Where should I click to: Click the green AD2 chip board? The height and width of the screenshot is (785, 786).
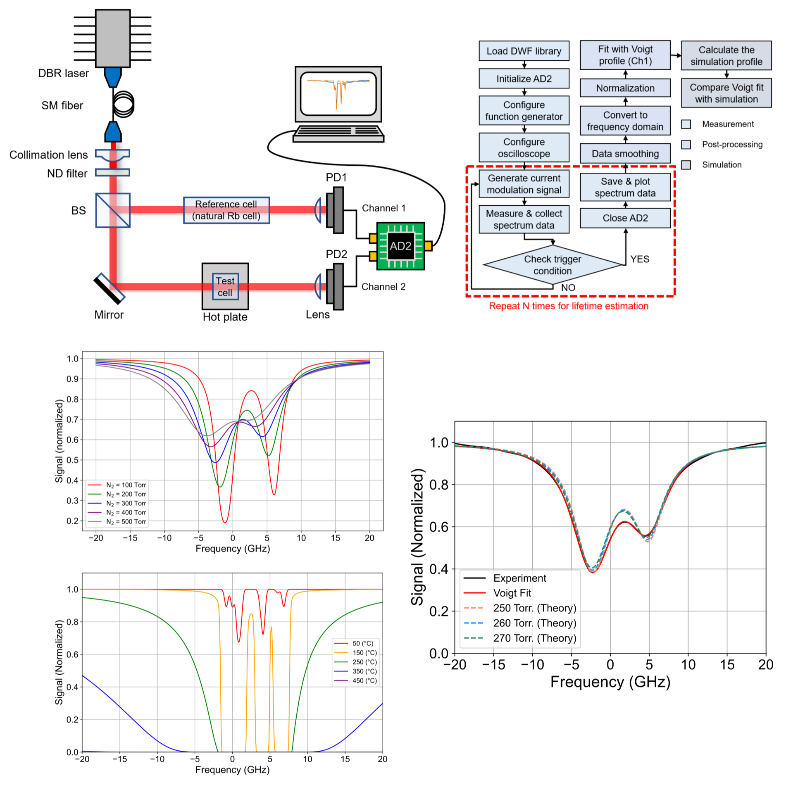400,246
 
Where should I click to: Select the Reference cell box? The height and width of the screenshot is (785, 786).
226,210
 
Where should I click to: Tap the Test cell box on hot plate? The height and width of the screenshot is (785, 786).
225,286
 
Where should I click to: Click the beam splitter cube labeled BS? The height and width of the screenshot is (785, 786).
113,210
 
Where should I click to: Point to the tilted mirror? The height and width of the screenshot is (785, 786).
109,288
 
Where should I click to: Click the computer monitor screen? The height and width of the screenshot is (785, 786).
338,93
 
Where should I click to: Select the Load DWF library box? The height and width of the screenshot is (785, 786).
524,51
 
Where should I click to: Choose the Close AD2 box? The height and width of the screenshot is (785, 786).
625,218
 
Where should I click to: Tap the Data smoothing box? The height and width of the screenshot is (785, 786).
625,154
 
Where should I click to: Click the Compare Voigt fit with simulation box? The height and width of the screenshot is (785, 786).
726,93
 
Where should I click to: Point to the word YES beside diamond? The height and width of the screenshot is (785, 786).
639,259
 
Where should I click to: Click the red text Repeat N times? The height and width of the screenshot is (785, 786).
568,306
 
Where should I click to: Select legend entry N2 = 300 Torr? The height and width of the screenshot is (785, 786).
126,503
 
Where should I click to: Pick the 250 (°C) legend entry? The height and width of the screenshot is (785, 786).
364,662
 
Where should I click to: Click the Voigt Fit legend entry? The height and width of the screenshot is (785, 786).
512,593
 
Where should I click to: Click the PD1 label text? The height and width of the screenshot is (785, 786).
336,177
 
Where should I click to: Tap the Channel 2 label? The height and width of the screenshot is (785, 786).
383,287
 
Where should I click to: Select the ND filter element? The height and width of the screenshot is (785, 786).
112,172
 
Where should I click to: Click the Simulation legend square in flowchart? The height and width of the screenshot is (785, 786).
686,165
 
